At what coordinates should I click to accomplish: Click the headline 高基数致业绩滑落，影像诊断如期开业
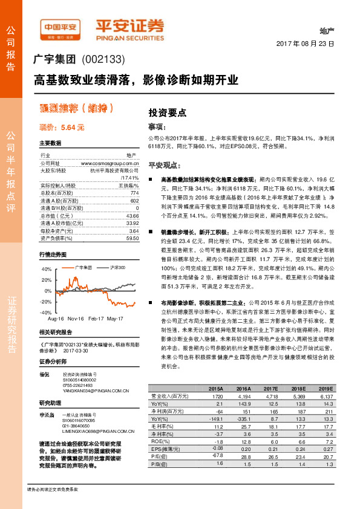(x=136, y=79)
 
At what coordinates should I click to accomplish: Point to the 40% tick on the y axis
(x=46, y=268)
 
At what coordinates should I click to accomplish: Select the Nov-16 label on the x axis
(x=76, y=318)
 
